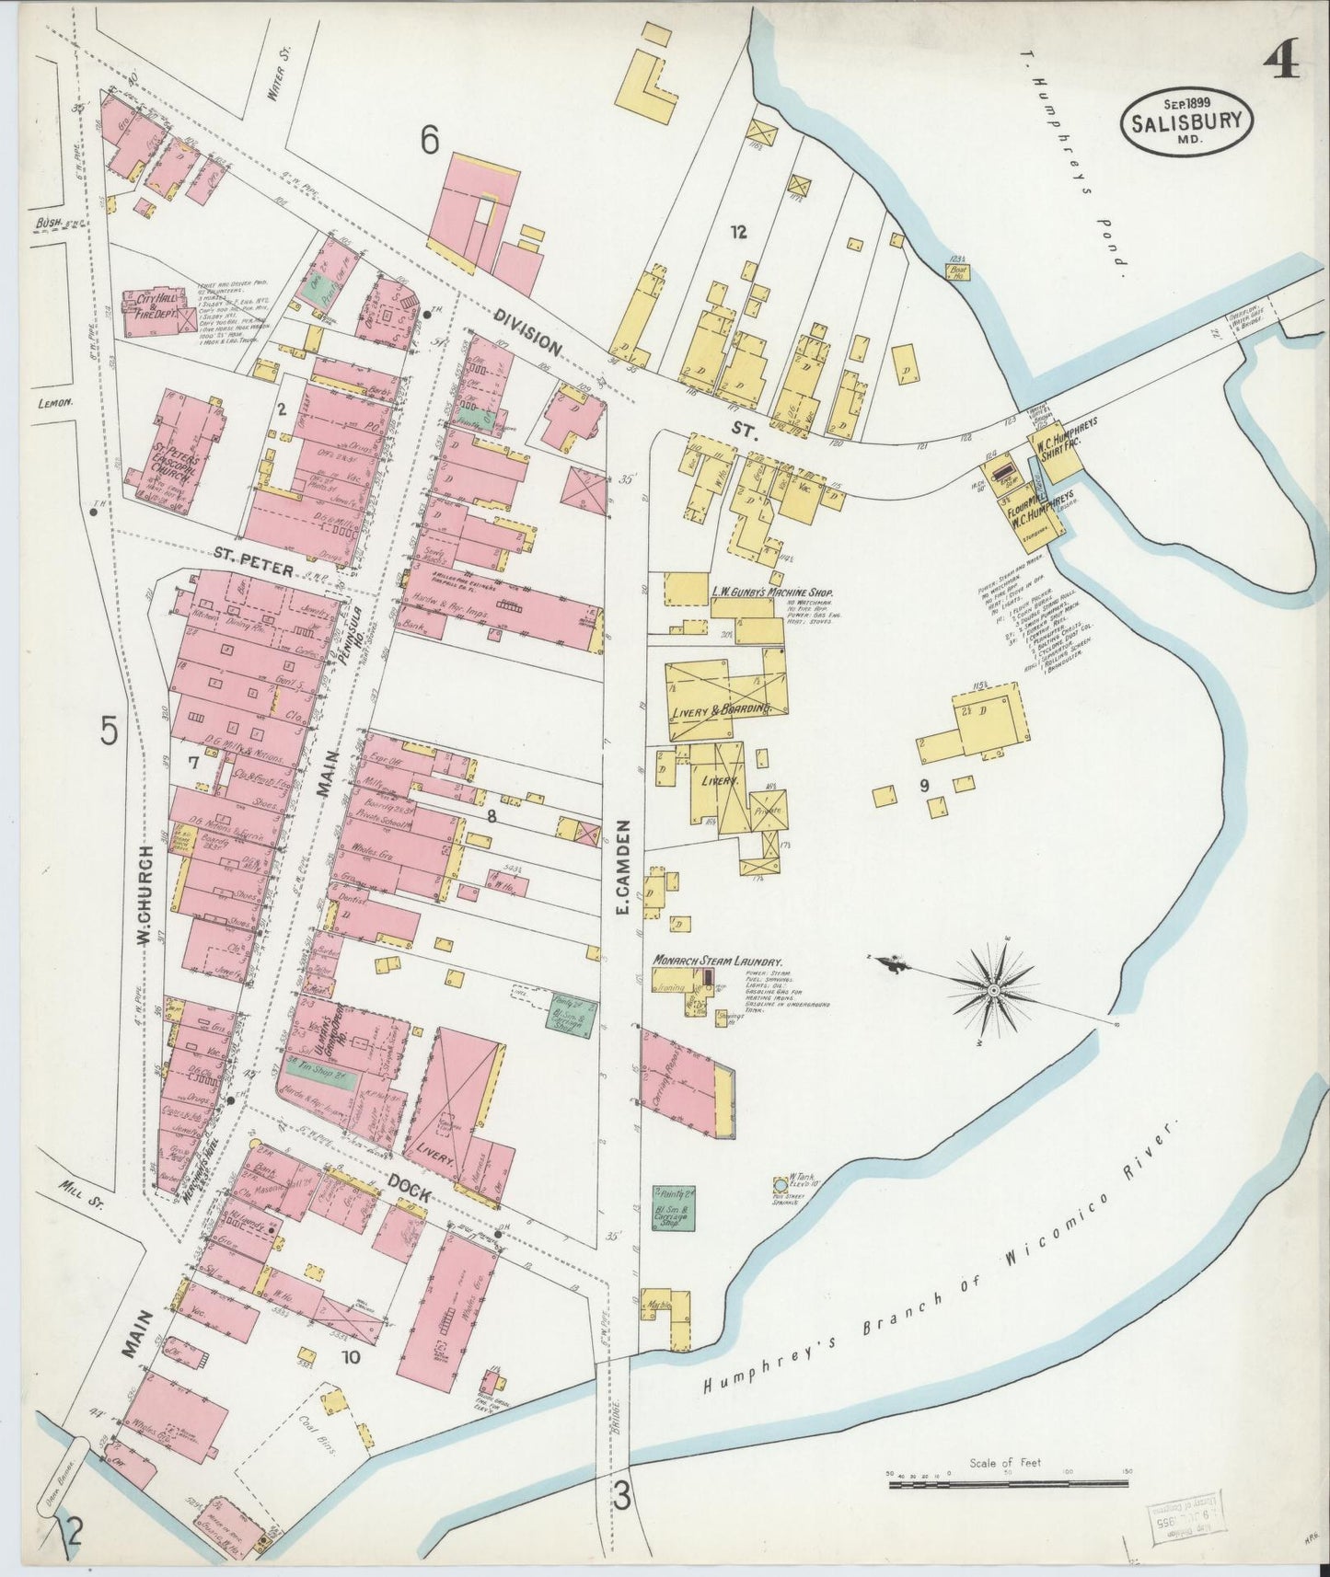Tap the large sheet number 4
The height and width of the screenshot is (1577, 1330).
pyautogui.click(x=1280, y=63)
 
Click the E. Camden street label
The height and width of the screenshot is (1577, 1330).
pyautogui.click(x=621, y=867)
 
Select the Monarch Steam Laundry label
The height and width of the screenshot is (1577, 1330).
pyautogui.click(x=717, y=960)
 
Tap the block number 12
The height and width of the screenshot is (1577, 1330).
pyautogui.click(x=737, y=233)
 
